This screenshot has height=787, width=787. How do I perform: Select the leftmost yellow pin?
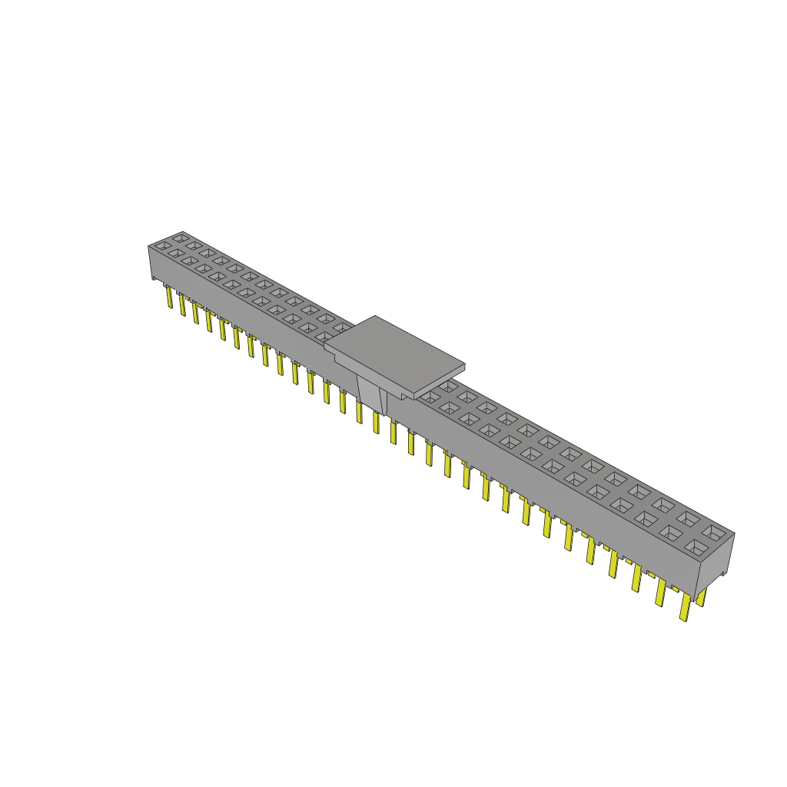[x=168, y=296]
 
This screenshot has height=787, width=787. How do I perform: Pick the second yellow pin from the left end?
[x=182, y=304]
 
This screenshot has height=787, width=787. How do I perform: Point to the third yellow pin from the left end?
[x=196, y=312]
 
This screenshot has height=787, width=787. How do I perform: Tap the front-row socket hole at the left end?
[x=162, y=246]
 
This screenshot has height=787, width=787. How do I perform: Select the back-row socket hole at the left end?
[x=180, y=238]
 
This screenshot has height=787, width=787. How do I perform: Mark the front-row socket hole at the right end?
[x=696, y=547]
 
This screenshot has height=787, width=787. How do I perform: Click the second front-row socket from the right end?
[x=670, y=533]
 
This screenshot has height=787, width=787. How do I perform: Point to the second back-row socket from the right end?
[x=688, y=518]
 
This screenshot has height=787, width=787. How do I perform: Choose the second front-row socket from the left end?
[x=176, y=253]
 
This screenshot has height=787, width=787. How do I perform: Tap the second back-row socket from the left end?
[x=193, y=245]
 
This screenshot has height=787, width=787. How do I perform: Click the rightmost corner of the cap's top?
[x=466, y=364]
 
